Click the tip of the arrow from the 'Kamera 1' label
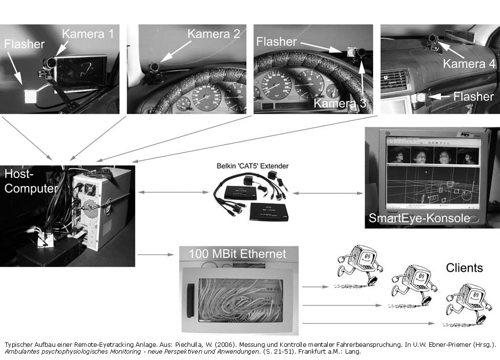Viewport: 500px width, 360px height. (x=56, y=57)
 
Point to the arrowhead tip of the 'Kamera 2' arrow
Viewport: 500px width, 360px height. (x=160, y=62)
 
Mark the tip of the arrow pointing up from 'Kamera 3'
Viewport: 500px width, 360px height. (x=361, y=62)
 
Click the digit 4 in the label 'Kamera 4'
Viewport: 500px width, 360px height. (x=491, y=64)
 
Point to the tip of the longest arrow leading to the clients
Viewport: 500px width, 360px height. (x=434, y=323)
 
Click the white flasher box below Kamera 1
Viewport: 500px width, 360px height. (x=31, y=96)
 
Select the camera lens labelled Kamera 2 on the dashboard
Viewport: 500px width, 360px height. (x=155, y=67)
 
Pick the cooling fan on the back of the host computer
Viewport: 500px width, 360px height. (x=90, y=189)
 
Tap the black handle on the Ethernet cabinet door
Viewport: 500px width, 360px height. (x=190, y=300)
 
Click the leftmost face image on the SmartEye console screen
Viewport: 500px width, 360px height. (x=398, y=157)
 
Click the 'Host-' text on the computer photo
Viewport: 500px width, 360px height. (x=19, y=174)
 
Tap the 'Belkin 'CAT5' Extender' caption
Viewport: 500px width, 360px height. (x=252, y=166)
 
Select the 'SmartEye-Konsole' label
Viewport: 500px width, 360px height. (x=419, y=218)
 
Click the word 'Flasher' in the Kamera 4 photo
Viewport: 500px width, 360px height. (x=474, y=97)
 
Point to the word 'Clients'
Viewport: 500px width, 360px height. (x=464, y=268)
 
